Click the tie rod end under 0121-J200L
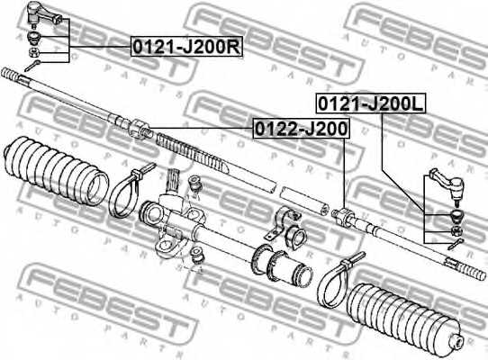(x=447, y=187)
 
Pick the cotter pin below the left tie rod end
(x=33, y=65)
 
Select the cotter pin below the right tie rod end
(x=458, y=243)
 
